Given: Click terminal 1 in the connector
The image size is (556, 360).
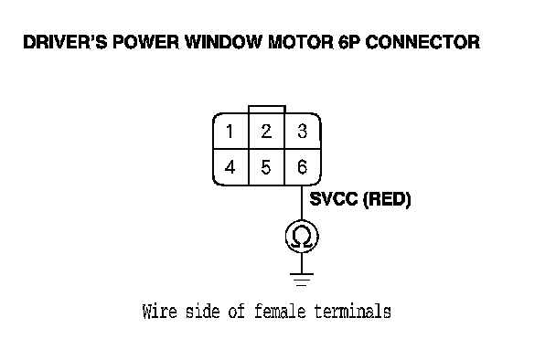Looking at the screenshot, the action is (230, 131).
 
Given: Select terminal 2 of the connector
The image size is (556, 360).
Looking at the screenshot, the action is (267, 131).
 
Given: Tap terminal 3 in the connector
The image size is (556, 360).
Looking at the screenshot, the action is (303, 131).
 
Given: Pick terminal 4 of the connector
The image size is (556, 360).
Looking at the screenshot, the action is (230, 167).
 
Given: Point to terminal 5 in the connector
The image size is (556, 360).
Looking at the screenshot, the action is (267, 167).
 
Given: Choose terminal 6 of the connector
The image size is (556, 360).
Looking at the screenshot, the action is (303, 167).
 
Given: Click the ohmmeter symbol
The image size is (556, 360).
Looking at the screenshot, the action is (302, 237).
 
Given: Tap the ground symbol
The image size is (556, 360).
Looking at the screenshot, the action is (302, 280).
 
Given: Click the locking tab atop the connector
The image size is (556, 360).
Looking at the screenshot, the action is (267, 109).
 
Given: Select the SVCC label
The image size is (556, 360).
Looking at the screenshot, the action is (334, 199).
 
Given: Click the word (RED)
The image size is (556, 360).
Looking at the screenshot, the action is (387, 199).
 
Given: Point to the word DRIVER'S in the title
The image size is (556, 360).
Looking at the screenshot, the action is (65, 42).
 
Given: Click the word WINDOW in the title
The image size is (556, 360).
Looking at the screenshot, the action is (224, 42).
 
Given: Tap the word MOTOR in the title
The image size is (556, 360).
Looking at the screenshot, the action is (301, 42).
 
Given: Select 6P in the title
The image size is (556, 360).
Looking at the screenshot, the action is (349, 42).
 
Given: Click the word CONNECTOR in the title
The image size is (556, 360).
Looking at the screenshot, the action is (422, 42).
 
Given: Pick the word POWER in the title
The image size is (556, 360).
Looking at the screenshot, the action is (145, 42).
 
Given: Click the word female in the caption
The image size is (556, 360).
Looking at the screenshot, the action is (280, 312).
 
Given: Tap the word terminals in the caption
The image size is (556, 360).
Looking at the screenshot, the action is (352, 312).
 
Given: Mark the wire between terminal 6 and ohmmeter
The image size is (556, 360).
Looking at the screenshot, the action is (302, 203).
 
